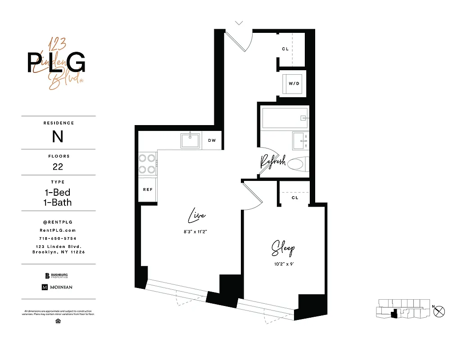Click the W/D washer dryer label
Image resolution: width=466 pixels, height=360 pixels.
point(294,83)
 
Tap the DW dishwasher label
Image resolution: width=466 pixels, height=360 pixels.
point(212,140)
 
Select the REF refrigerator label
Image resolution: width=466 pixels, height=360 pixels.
point(148,189)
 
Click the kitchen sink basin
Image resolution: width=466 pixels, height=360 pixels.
point(190,140)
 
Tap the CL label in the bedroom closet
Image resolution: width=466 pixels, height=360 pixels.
point(295,198)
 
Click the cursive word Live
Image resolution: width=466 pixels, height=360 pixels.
point(197,216)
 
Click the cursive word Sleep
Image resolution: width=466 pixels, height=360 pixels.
point(283,248)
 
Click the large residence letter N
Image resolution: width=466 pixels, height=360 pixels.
point(58,136)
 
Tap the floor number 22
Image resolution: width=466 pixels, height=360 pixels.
point(58,166)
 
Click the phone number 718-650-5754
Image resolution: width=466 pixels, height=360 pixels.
point(58,238)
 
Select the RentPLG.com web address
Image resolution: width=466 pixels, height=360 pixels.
point(58,230)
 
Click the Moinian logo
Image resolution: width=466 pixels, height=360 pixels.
point(57,287)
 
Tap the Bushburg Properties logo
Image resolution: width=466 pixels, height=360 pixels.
point(57,276)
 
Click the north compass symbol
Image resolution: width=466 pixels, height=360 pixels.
point(440,310)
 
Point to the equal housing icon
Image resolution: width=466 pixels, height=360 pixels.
point(58,321)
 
